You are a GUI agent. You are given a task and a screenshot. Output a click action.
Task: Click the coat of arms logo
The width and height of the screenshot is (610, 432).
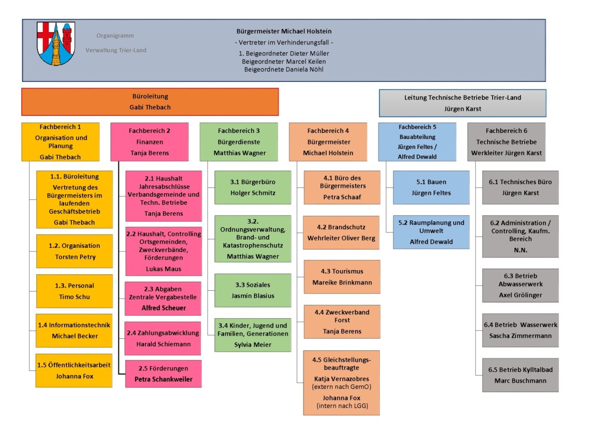click(x=56, y=43)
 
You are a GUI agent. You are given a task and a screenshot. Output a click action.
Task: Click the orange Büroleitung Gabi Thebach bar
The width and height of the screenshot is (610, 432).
click(x=150, y=102)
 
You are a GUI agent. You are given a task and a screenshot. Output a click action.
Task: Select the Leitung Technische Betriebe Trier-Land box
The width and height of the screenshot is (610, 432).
click(x=462, y=103)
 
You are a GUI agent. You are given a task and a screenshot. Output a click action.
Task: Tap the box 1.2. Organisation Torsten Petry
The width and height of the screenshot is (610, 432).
click(x=74, y=251)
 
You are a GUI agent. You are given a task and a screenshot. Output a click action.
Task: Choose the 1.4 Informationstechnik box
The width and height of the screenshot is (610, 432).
click(x=74, y=330)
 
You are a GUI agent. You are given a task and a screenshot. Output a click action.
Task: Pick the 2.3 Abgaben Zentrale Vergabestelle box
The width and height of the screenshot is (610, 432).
click(x=163, y=299)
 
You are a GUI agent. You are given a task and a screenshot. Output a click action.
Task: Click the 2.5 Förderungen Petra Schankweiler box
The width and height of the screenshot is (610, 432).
click(x=163, y=374)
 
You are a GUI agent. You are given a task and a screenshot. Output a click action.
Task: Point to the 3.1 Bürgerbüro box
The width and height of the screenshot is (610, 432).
click(x=253, y=187)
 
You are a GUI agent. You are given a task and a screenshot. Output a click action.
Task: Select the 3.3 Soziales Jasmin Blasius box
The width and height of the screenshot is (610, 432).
click(x=253, y=290)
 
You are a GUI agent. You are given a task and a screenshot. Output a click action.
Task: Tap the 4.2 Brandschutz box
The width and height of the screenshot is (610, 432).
click(x=342, y=233)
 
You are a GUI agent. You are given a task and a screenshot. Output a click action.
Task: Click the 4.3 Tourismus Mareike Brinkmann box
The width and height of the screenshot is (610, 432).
click(x=342, y=277)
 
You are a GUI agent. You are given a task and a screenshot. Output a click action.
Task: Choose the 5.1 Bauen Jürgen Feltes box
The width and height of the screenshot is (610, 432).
click(x=431, y=187)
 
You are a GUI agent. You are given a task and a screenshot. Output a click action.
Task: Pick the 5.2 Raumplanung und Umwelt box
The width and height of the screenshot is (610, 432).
click(x=431, y=232)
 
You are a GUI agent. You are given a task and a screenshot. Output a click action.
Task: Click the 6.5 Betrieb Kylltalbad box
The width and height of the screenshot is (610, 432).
click(x=520, y=375)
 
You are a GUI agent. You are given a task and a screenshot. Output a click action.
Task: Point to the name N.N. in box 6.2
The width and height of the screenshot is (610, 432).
click(x=520, y=249)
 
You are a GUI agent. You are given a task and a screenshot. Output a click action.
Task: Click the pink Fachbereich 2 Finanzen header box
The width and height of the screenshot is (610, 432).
click(x=149, y=142)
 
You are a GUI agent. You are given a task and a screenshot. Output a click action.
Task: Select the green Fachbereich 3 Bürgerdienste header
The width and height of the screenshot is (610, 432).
click(x=239, y=142)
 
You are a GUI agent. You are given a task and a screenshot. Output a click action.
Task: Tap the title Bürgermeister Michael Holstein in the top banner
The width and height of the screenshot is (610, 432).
click(x=284, y=31)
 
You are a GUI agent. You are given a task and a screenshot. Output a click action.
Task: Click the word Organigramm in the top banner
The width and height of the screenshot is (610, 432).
click(x=115, y=36)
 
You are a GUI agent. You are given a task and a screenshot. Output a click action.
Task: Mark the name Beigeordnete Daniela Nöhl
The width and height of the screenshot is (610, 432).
click(x=284, y=69)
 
